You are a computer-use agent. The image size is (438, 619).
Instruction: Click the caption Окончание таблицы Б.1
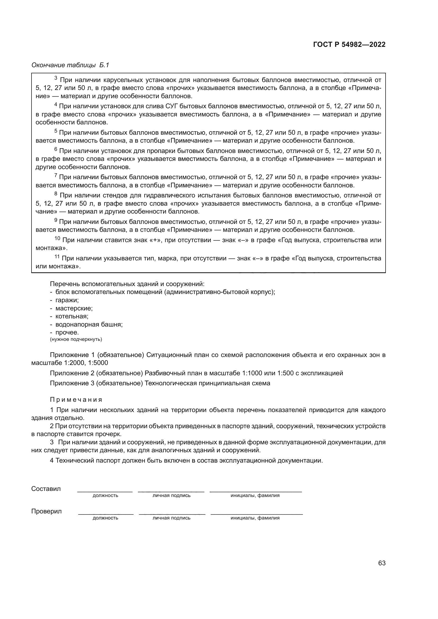click(x=70, y=65)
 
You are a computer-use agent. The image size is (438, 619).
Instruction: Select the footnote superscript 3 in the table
click(x=56, y=78)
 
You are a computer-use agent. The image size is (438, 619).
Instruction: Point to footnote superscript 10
click(x=57, y=238)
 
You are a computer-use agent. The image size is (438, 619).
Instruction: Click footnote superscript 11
click(x=57, y=257)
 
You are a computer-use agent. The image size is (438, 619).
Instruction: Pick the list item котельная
click(x=72, y=316)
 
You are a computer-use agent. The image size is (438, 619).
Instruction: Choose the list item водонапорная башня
click(x=89, y=324)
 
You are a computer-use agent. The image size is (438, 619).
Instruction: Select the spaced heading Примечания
click(x=76, y=400)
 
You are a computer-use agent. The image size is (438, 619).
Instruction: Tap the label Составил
click(x=46, y=489)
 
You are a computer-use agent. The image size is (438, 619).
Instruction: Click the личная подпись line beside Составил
click(x=171, y=492)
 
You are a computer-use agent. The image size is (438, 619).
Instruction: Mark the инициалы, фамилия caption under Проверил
click(x=255, y=518)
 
